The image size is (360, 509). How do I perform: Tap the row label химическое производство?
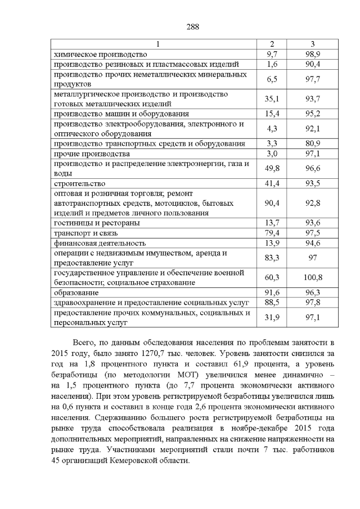click(100, 55)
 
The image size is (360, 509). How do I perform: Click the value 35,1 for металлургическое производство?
click(272, 99)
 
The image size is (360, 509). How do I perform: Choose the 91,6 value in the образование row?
click(272, 293)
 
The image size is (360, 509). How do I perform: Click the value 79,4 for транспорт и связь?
click(272, 233)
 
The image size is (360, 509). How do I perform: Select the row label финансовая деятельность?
click(100, 244)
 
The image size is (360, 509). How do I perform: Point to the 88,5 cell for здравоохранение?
click(272, 303)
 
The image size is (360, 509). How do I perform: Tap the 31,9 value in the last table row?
click(272, 318)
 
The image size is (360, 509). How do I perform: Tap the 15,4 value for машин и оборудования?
click(272, 114)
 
